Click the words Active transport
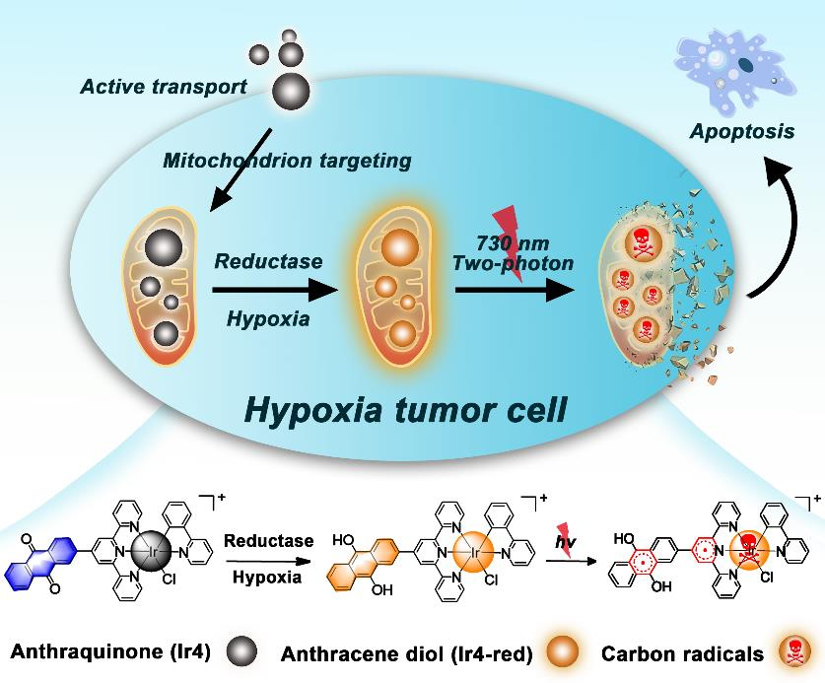click(x=165, y=88)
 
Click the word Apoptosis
click(x=742, y=130)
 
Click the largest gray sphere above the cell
click(x=290, y=90)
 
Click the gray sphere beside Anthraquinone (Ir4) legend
click(x=241, y=650)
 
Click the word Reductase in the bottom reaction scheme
click(x=268, y=541)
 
